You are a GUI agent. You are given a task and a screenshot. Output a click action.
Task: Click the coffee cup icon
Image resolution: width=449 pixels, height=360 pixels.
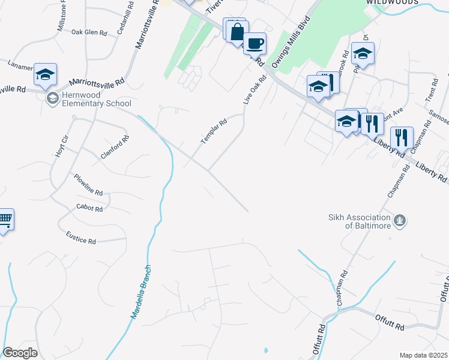[255, 43]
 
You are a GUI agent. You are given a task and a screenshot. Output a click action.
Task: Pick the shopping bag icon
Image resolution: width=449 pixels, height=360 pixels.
[237, 31]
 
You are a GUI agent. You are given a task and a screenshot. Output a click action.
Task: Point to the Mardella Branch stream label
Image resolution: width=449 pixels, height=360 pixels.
[141, 292]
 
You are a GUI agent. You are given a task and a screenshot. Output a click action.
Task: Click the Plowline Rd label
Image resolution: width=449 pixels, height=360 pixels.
[89, 185]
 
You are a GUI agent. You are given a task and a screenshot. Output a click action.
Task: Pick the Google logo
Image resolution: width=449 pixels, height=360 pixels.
[20, 353]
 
